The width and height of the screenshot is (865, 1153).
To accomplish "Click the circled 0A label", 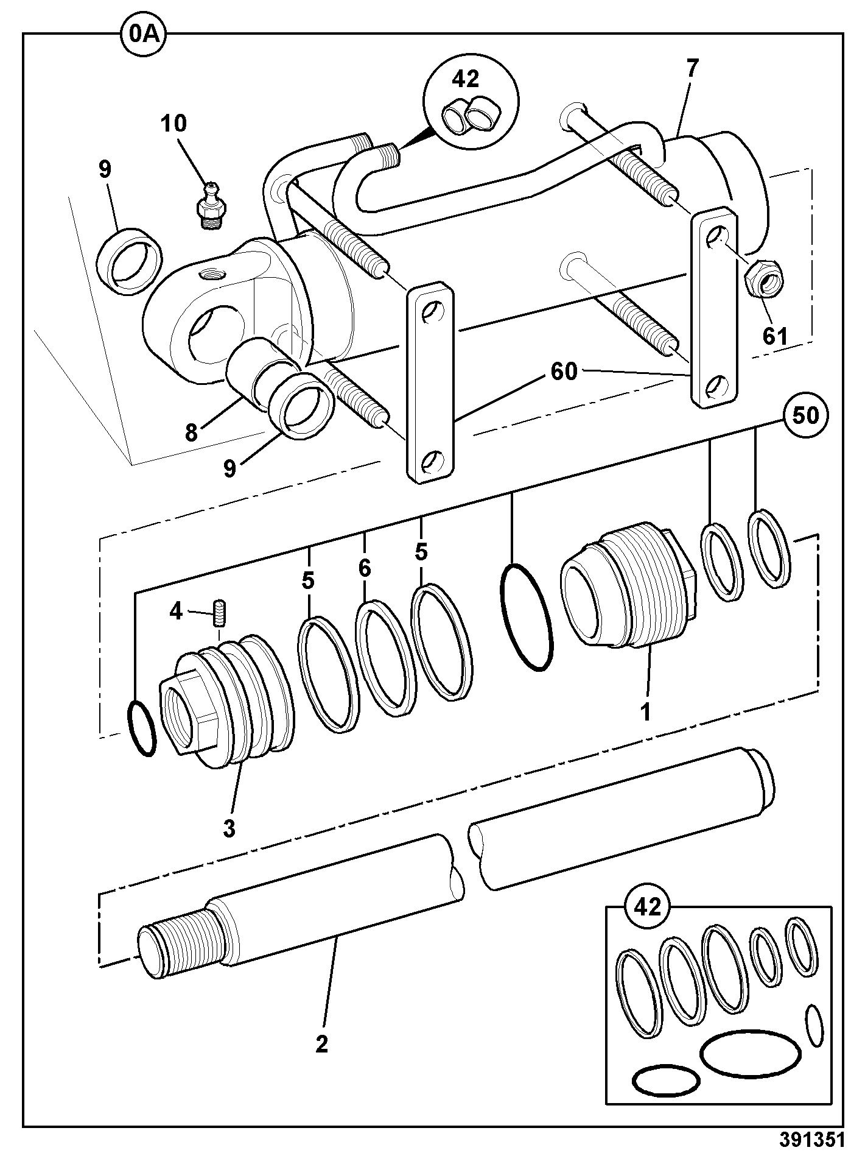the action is pos(144,33).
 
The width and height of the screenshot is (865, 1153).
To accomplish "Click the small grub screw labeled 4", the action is pos(219,613).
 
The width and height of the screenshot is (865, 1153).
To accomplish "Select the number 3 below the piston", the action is pos(229,829).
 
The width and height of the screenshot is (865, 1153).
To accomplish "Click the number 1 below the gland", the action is pos(645,711).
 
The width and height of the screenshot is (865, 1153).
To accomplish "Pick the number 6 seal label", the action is pos(364,568).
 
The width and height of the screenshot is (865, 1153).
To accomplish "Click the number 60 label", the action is pos(564,371).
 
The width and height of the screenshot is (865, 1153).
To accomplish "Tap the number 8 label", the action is pos(192,432).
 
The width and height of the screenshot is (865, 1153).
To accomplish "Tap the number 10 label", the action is pos(174,124).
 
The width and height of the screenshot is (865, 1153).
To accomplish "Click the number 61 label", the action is pos(775,336).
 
